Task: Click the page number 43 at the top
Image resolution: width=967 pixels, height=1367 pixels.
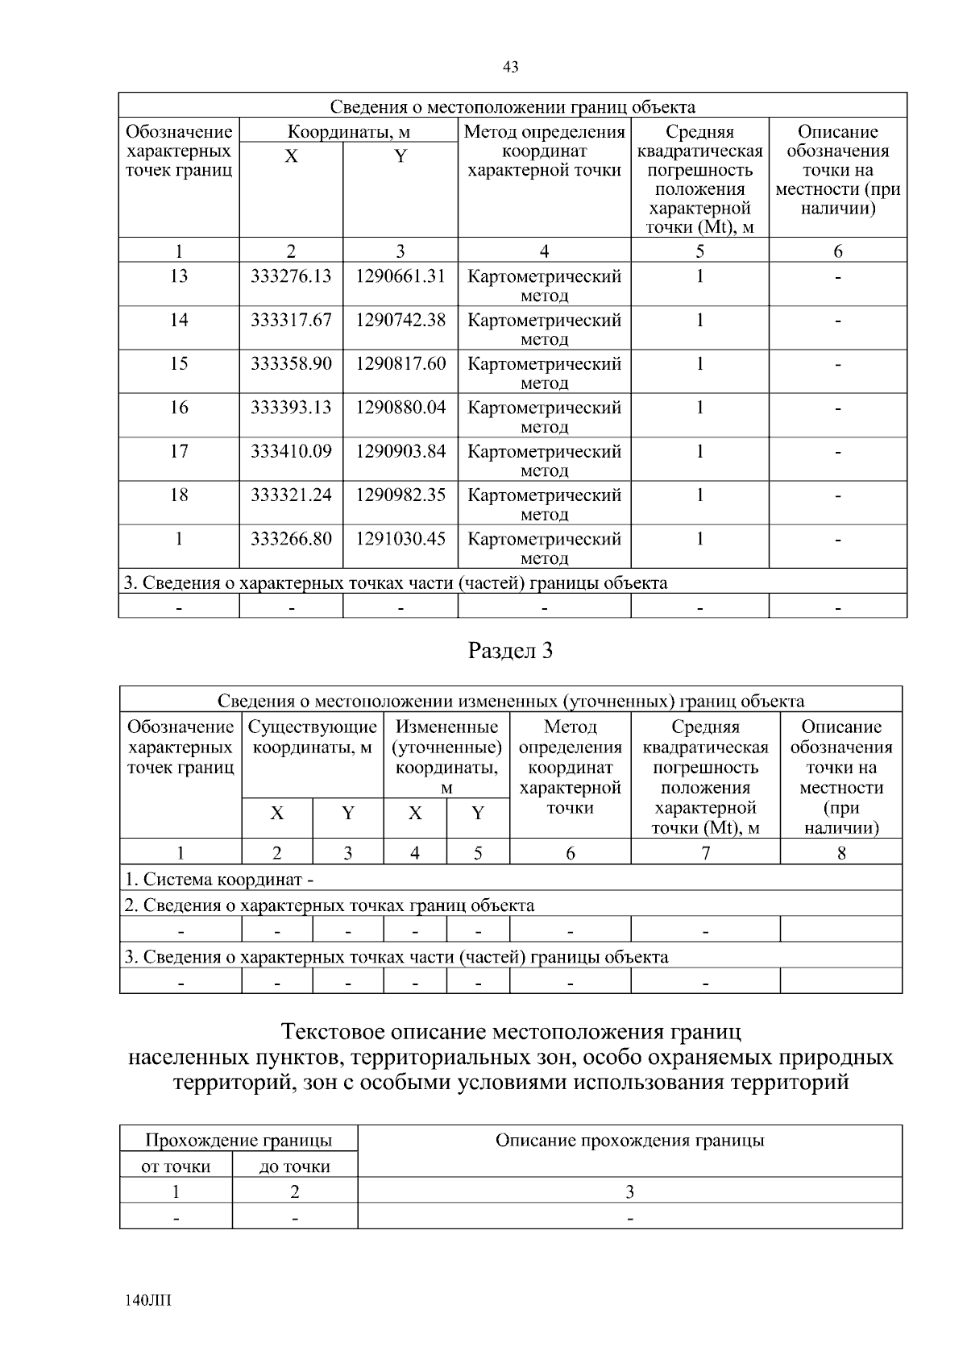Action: (510, 68)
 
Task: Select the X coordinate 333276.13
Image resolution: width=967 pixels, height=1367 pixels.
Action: (291, 276)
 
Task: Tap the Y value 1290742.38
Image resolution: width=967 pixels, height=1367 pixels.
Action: (400, 320)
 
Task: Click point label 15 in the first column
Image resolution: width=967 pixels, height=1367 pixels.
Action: (179, 363)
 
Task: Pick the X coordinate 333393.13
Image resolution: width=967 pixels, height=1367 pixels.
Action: (291, 408)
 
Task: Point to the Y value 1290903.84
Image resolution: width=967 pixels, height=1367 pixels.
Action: (400, 451)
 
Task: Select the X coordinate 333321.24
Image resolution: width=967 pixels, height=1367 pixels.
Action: (291, 495)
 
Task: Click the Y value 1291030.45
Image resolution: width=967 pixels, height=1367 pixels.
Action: (400, 538)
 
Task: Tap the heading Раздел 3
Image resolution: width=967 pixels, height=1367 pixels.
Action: (511, 651)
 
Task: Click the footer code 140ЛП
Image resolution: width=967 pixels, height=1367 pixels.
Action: (149, 1300)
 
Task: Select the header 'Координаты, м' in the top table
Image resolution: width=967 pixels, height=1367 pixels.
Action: (349, 131)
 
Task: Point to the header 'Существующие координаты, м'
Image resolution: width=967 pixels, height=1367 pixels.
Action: (313, 737)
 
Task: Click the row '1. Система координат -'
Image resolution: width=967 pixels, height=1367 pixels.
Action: (219, 880)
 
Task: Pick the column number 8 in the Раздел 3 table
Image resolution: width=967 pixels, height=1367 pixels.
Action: (840, 852)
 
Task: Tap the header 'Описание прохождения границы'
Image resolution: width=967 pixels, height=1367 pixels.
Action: (629, 1141)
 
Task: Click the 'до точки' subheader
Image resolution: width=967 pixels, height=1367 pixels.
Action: (295, 1166)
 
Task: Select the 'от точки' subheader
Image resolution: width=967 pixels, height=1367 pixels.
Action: (176, 1166)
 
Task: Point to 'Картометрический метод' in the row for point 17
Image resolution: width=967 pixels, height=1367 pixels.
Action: (544, 460)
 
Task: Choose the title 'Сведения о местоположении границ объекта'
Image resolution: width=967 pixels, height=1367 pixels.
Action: (513, 107)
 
